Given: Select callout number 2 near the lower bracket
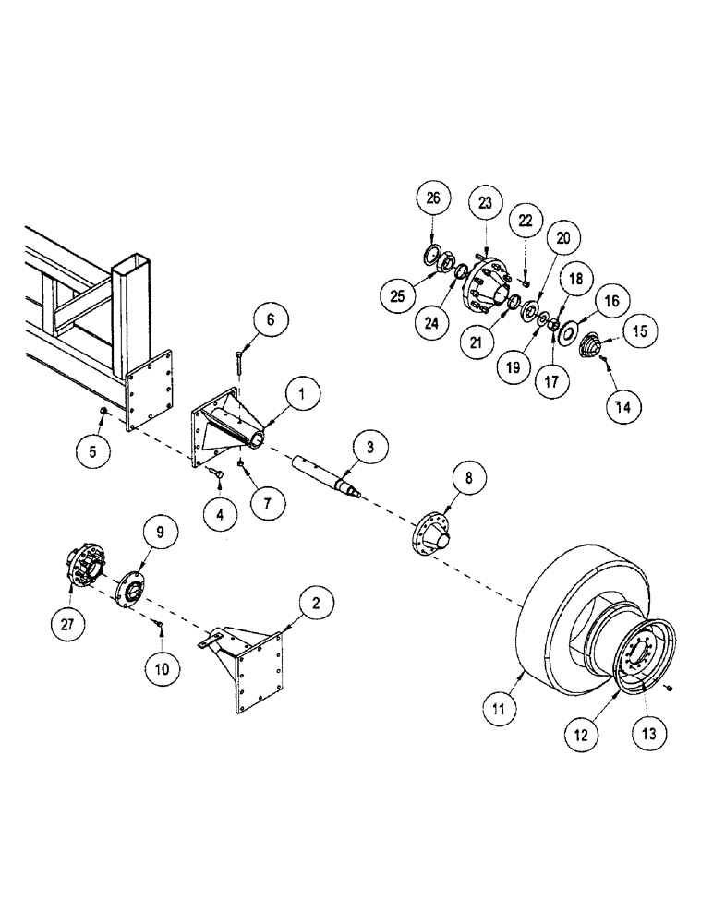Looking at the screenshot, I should [x=315, y=605].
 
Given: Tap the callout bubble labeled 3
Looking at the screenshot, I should [x=369, y=449].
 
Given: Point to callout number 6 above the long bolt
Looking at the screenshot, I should [x=270, y=319].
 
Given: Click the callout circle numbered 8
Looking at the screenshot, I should [x=468, y=478].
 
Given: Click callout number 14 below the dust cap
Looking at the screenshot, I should [x=624, y=404].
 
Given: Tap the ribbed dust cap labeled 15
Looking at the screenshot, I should [x=587, y=350].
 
